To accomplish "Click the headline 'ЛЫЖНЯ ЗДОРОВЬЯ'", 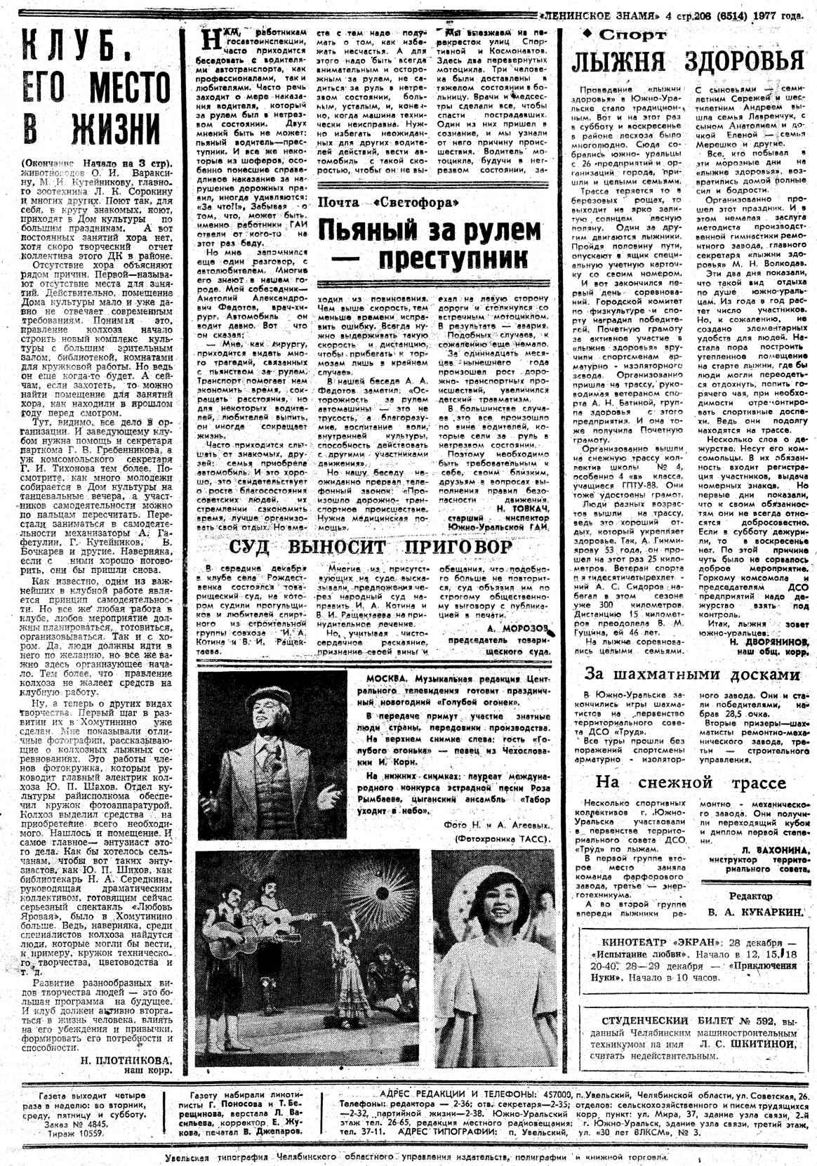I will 687,62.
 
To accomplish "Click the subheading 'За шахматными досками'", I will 692,674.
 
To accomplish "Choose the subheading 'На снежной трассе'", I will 691,782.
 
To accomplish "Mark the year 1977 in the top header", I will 778,15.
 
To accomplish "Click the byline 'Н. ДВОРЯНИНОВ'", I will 768,642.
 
